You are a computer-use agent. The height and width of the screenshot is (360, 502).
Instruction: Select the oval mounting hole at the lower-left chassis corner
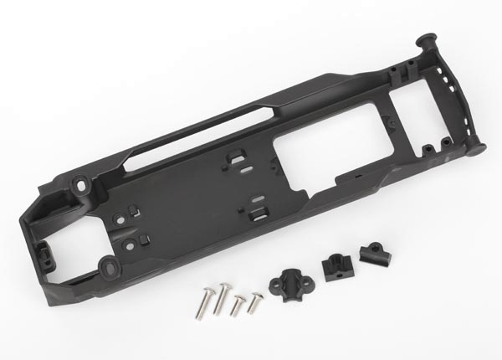click(110, 267)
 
